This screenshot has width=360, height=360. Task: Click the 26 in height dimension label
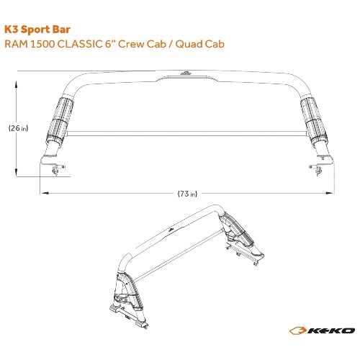tap(18, 128)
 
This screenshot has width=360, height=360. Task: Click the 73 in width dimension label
tap(187, 194)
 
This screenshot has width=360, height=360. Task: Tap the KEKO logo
tap(322, 330)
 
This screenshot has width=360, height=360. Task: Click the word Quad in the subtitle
tap(189, 44)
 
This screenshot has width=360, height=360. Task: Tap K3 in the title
tap(12, 30)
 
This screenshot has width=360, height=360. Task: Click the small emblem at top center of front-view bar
tap(186, 73)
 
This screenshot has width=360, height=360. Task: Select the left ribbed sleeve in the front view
tap(60, 120)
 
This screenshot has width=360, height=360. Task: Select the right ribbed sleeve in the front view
tap(313, 121)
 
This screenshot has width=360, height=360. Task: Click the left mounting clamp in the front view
tap(57, 168)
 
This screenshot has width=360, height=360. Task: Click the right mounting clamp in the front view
tap(316, 169)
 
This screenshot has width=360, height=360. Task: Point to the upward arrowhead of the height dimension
tap(16, 84)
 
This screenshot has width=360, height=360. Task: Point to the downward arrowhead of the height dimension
tap(16, 172)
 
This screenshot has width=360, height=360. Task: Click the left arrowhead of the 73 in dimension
tap(45, 193)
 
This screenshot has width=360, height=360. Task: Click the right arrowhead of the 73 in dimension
tap(329, 193)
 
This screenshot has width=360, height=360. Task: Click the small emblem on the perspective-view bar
tap(171, 230)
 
